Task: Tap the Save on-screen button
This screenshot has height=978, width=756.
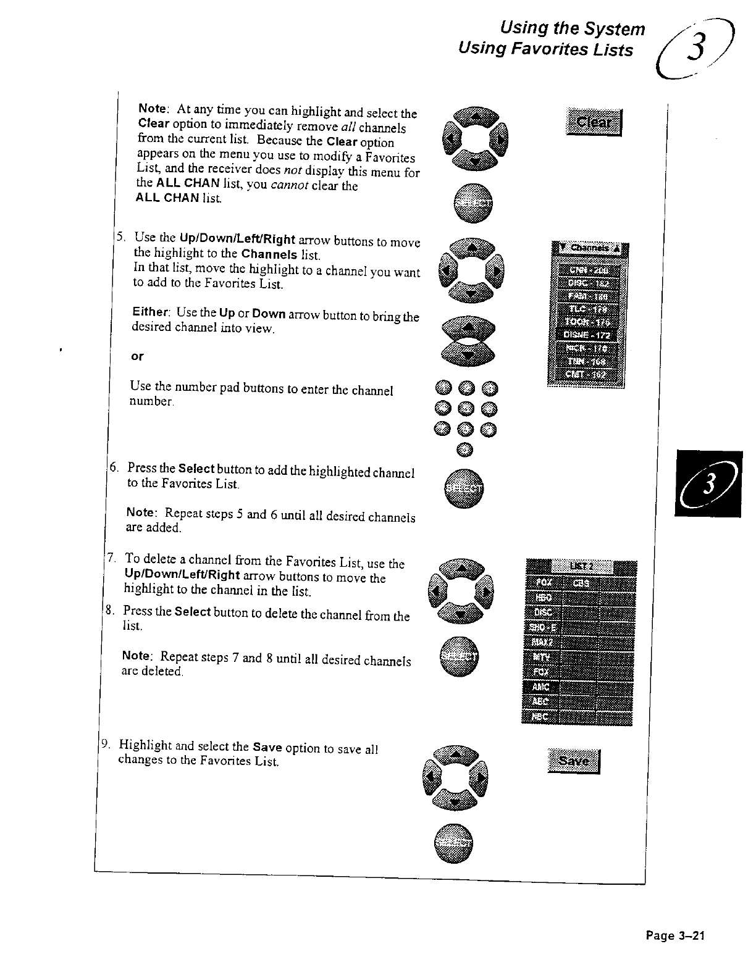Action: coord(574,761)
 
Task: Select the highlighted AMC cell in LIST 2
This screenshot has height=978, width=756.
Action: coord(542,687)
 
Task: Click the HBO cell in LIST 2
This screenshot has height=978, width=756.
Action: coord(542,598)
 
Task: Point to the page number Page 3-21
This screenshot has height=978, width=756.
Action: coord(675,935)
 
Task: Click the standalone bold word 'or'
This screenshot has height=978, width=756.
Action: coord(137,356)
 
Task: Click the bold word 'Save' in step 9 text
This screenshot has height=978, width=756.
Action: coord(267,746)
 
